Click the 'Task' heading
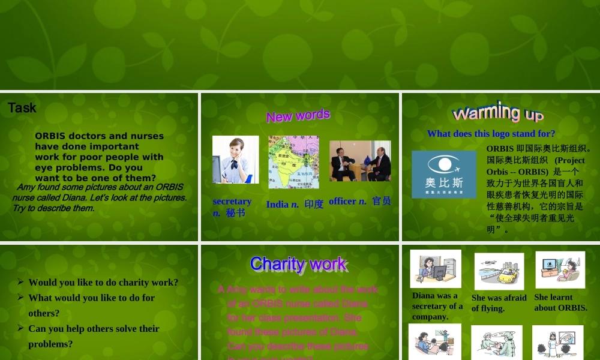tap(22, 108)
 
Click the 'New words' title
tap(298, 115)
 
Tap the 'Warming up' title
tap(498, 112)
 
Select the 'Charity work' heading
tap(298, 263)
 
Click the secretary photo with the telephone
tap(235, 160)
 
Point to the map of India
tap(293, 162)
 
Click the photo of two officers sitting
tap(360, 161)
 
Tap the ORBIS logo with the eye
tap(444, 174)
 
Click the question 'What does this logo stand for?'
tap(491, 134)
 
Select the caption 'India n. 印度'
tap(295, 204)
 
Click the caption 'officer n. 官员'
tap(359, 202)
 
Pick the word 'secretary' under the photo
tap(232, 202)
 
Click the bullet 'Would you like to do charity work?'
tap(103, 283)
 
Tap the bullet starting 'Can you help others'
tap(94, 329)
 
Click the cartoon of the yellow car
tap(499, 271)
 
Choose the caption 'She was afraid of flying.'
tap(499, 303)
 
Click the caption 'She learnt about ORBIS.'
tap(560, 302)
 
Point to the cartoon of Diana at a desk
tap(436, 269)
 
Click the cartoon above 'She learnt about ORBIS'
tap(560, 270)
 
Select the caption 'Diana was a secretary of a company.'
tap(437, 306)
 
